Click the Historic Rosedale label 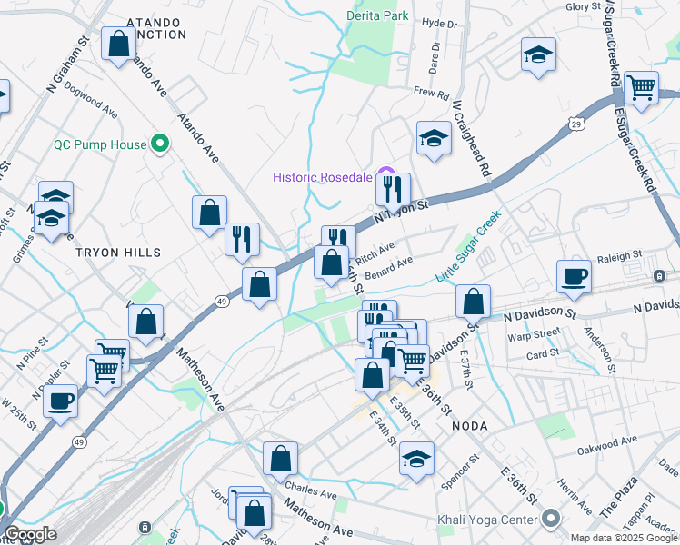[325, 176]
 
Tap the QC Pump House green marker [161, 143]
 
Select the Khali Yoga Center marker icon [550, 520]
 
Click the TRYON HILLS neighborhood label [118, 253]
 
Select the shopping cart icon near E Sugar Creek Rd [641, 87]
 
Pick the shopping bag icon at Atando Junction [119, 43]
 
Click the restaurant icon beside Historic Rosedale [393, 188]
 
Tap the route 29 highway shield [575, 123]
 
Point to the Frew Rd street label [432, 93]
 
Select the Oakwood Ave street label [608, 443]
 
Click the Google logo [30, 534]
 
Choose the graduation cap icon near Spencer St [416, 458]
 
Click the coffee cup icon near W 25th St [60, 400]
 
